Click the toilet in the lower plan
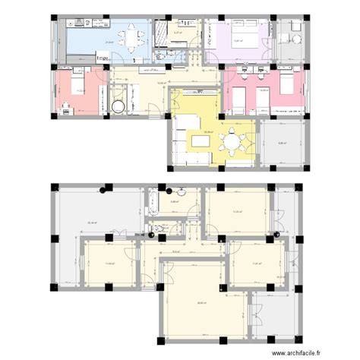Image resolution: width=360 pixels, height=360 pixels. tap(158, 229)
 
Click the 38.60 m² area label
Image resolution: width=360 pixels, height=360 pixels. tap(199, 302)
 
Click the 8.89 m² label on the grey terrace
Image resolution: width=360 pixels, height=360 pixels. tap(282, 143)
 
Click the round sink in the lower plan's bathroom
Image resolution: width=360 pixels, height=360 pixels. tap(182, 191)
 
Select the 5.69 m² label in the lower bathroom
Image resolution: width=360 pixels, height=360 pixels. tap(174, 202)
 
